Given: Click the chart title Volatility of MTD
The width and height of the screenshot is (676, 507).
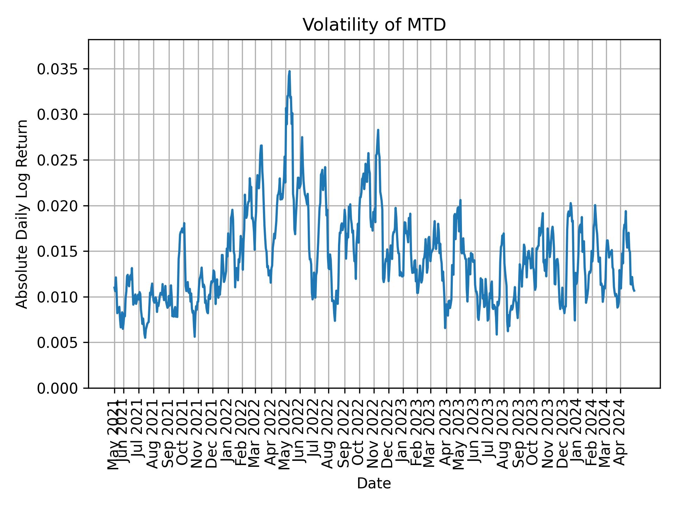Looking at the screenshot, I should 374,25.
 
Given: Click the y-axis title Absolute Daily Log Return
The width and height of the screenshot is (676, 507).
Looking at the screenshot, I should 23,214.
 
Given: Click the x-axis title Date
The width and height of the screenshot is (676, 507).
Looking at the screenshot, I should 374,483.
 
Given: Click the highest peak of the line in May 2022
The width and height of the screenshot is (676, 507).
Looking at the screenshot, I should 289,71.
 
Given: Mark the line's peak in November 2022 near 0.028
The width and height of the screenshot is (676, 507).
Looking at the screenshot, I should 378,130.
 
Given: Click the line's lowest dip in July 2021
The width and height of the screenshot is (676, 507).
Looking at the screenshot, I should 145,338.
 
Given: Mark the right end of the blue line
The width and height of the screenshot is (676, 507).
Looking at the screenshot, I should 634,290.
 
